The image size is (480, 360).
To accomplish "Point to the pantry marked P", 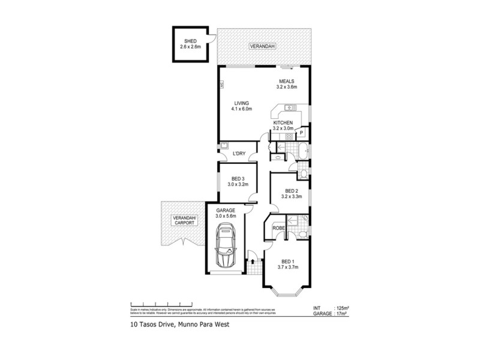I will click(x=301, y=133).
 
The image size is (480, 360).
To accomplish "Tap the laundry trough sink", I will click(x=225, y=145).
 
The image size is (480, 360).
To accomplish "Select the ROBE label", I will click(x=278, y=228).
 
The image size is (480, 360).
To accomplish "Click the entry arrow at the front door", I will click(x=253, y=262).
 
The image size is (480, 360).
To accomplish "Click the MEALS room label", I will click(x=285, y=82).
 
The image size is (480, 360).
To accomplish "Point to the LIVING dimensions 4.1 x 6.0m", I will click(x=242, y=109).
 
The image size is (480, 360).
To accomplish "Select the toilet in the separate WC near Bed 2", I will click(x=304, y=173).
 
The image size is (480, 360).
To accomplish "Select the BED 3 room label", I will click(x=238, y=178).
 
